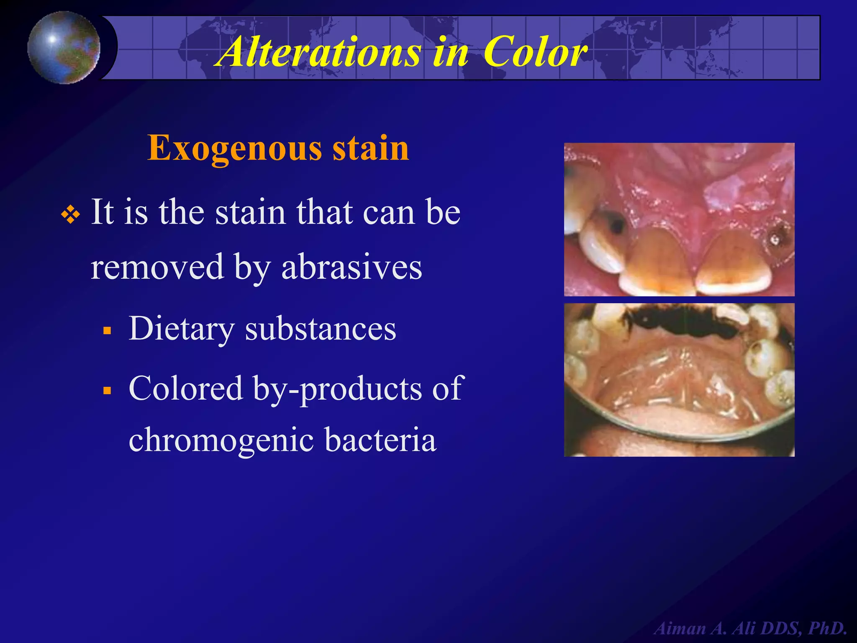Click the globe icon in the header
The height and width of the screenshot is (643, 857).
pos(64,47)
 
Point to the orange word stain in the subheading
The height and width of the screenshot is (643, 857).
pos(370,148)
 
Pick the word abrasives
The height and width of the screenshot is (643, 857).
pos(352,267)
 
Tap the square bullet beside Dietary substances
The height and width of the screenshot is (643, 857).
pos(108,331)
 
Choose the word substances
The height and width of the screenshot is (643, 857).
pos(321,329)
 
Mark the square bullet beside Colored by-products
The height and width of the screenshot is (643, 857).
pos(108,391)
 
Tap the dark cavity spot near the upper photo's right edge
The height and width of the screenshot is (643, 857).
pos(777,237)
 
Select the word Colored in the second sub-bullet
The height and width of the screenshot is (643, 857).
pos(186,388)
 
